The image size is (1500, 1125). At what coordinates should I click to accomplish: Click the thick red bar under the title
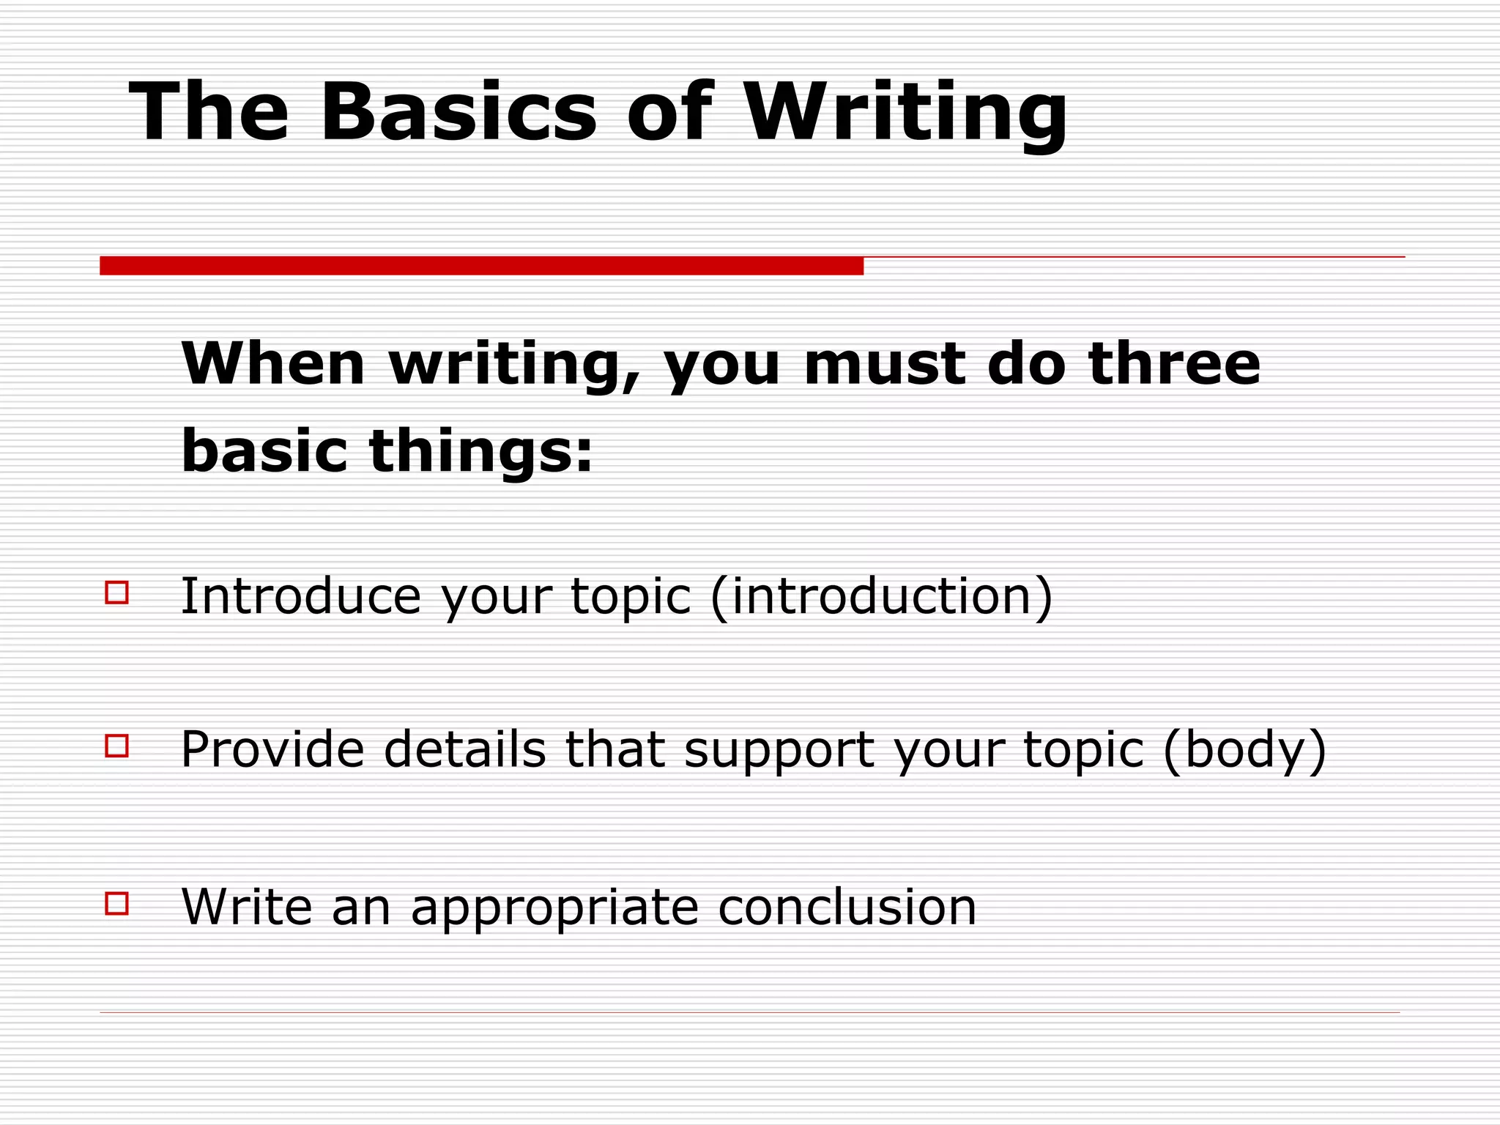(x=481, y=265)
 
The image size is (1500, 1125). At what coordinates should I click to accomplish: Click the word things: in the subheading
(x=480, y=451)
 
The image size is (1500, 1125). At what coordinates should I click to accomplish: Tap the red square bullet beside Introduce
(x=117, y=592)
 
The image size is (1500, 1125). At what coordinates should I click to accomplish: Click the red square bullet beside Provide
(x=117, y=746)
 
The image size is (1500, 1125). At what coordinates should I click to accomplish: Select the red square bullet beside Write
(x=117, y=903)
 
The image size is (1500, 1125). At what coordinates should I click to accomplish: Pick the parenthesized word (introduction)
(x=881, y=596)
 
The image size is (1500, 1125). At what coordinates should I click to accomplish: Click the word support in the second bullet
(x=779, y=751)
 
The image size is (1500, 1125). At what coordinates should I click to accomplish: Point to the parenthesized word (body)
(x=1244, y=750)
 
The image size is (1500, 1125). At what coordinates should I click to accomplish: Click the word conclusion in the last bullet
(x=847, y=907)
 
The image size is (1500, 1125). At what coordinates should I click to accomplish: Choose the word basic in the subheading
(x=264, y=451)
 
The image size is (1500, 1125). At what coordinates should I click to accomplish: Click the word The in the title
(x=209, y=111)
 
